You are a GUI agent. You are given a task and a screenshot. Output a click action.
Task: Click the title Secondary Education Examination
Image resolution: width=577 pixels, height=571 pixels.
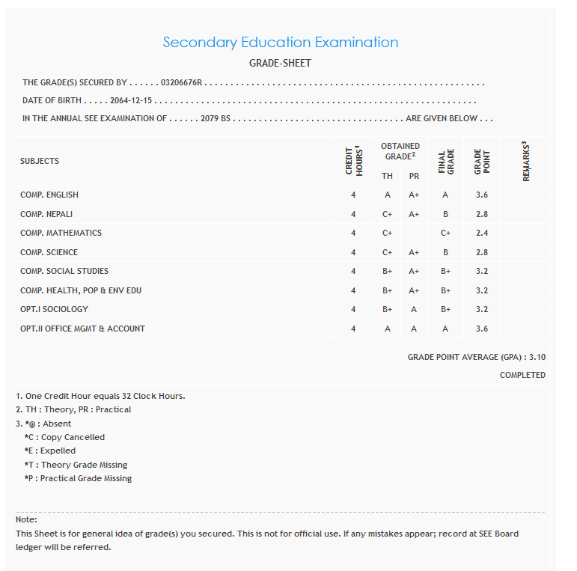[280, 43]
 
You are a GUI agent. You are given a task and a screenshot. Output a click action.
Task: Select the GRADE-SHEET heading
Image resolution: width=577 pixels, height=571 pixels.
[280, 64]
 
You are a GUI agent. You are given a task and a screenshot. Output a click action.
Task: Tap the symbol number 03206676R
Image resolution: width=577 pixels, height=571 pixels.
[182, 83]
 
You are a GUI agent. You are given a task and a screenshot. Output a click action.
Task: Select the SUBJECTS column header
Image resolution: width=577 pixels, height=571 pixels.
[40, 161]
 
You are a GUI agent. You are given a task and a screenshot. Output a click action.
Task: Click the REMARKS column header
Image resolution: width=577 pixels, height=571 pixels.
[525, 161]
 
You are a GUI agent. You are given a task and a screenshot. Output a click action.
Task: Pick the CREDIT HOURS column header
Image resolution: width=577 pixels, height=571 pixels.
[353, 161]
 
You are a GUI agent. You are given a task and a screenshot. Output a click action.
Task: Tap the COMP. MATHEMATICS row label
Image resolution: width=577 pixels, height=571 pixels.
[61, 233]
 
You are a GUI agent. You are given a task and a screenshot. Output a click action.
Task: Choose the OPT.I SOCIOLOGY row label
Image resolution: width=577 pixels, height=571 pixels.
[54, 309]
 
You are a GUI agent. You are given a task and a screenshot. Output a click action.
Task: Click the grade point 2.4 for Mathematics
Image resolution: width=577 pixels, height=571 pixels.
[482, 233]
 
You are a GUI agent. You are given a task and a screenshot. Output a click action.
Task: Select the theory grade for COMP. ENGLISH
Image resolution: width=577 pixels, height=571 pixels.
[387, 195]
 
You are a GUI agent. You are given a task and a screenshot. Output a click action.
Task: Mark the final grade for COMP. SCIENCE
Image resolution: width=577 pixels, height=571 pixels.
[445, 252]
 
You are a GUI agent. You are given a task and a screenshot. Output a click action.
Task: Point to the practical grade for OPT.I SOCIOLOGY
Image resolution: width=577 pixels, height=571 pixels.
[414, 309]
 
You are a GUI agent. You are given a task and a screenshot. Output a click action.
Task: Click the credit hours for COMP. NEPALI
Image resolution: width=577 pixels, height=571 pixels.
[353, 214]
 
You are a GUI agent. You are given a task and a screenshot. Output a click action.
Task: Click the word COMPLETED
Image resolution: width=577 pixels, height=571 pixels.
[522, 375]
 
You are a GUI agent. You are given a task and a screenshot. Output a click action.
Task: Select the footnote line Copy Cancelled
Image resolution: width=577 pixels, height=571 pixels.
[64, 437]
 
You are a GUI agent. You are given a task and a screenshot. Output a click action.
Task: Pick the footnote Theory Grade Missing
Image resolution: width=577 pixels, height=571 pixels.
[76, 465]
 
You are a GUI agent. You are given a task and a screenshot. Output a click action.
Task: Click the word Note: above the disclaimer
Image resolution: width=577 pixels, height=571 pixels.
[26, 519]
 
